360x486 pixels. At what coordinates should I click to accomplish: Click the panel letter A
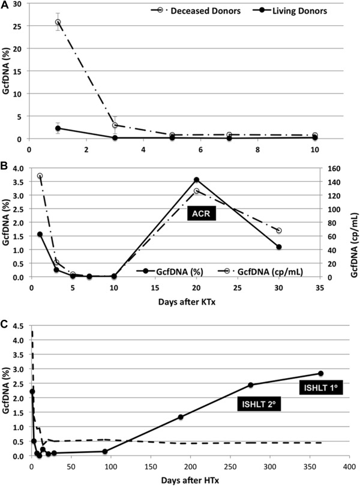[x=5, y=5]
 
